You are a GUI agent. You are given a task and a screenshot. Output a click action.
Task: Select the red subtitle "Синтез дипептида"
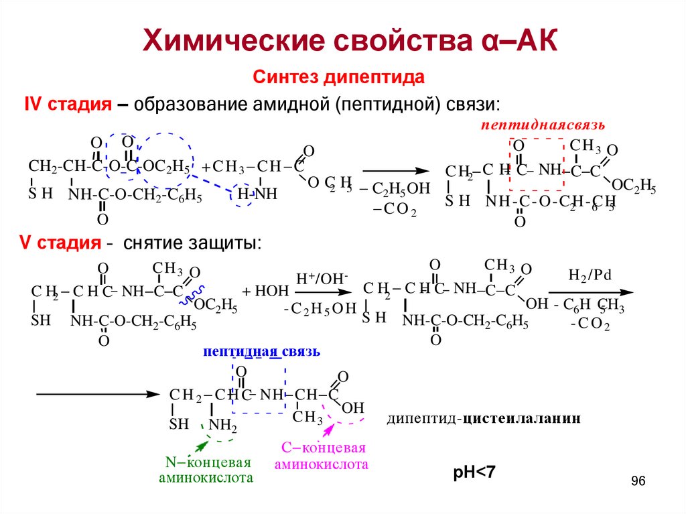(x=338, y=77)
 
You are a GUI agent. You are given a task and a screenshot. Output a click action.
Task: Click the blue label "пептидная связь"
(x=262, y=352)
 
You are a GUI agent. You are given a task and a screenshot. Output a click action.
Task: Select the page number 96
(x=638, y=482)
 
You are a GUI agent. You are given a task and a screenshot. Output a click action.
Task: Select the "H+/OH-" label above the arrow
(x=314, y=277)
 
